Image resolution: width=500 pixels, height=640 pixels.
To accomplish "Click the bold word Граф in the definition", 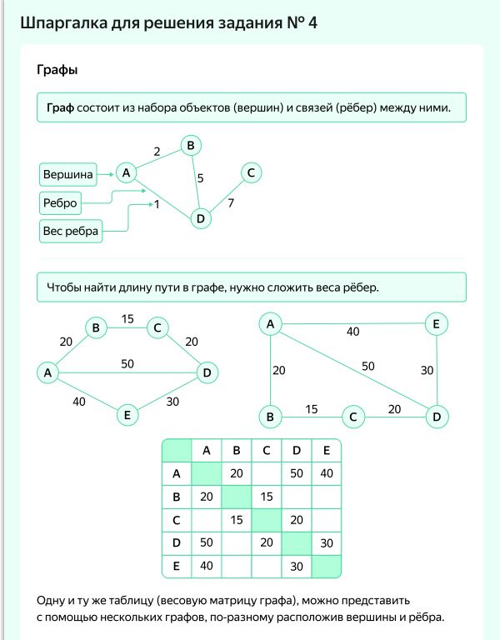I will [61, 108].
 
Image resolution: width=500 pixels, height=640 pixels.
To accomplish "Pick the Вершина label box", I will [67, 174].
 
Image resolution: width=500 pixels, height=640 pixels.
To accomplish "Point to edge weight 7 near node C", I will [231, 202].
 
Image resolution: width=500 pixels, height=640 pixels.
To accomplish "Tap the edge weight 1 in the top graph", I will [156, 204].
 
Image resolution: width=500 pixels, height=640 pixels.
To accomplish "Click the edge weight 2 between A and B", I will [157, 152].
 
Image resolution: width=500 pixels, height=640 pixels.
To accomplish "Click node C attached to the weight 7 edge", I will [251, 172].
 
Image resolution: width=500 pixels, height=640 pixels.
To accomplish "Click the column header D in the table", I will [296, 452].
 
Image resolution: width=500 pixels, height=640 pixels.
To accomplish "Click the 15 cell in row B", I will [266, 497].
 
